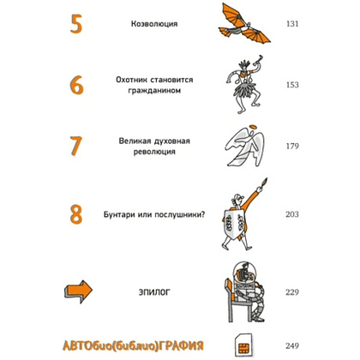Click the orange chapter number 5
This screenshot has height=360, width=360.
(x=76, y=24)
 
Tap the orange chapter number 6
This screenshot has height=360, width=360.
(x=76, y=85)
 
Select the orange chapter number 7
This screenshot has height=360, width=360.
(x=76, y=146)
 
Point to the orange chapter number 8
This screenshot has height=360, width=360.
(x=76, y=214)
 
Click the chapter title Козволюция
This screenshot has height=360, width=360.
(x=154, y=24)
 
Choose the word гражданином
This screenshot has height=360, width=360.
(x=154, y=91)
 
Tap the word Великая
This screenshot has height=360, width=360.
(x=135, y=141)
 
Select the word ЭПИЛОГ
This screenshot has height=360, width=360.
(x=154, y=292)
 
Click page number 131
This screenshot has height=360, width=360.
(x=292, y=24)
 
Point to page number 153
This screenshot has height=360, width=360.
(x=292, y=85)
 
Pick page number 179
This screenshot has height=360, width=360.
(x=292, y=146)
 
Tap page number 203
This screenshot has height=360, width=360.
(x=292, y=214)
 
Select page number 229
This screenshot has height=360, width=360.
(x=292, y=292)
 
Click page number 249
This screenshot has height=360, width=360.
(x=292, y=345)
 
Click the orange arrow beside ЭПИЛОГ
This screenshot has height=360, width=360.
(x=78, y=291)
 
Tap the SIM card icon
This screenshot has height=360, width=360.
(x=243, y=345)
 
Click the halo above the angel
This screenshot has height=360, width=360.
(x=253, y=127)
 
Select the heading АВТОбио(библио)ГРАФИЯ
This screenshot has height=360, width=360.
(x=133, y=345)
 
